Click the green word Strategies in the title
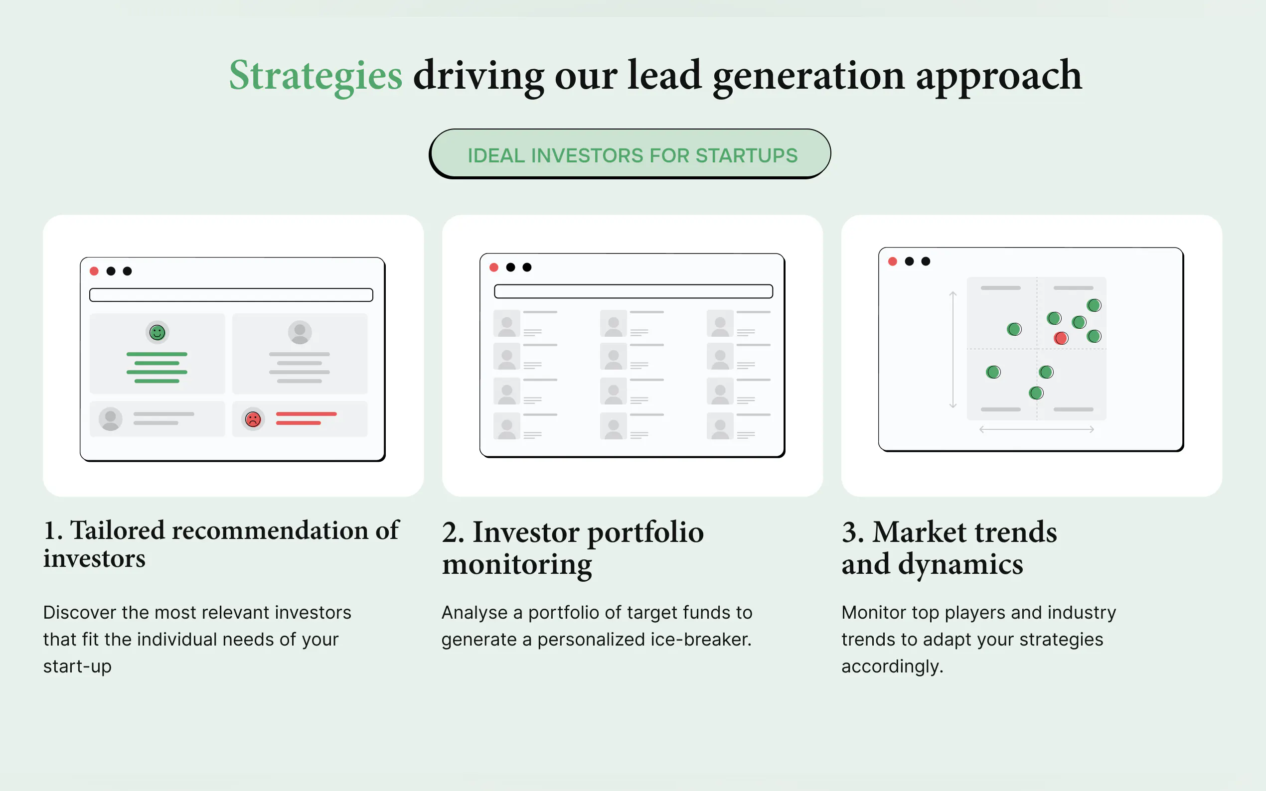click(x=316, y=76)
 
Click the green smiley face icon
click(x=157, y=332)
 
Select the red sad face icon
click(x=253, y=419)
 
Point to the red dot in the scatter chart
click(x=1061, y=338)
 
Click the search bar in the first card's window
click(x=231, y=295)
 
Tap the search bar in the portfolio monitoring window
click(x=633, y=291)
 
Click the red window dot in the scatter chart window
click(x=892, y=261)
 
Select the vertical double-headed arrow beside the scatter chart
click(x=953, y=350)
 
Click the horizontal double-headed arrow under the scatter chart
click(x=1037, y=429)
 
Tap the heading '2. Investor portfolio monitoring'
click(x=573, y=548)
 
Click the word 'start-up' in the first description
click(x=77, y=666)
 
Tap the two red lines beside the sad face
click(x=306, y=418)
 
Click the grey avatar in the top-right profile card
click(x=300, y=332)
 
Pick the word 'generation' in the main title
click(x=808, y=76)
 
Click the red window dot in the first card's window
click(x=94, y=271)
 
